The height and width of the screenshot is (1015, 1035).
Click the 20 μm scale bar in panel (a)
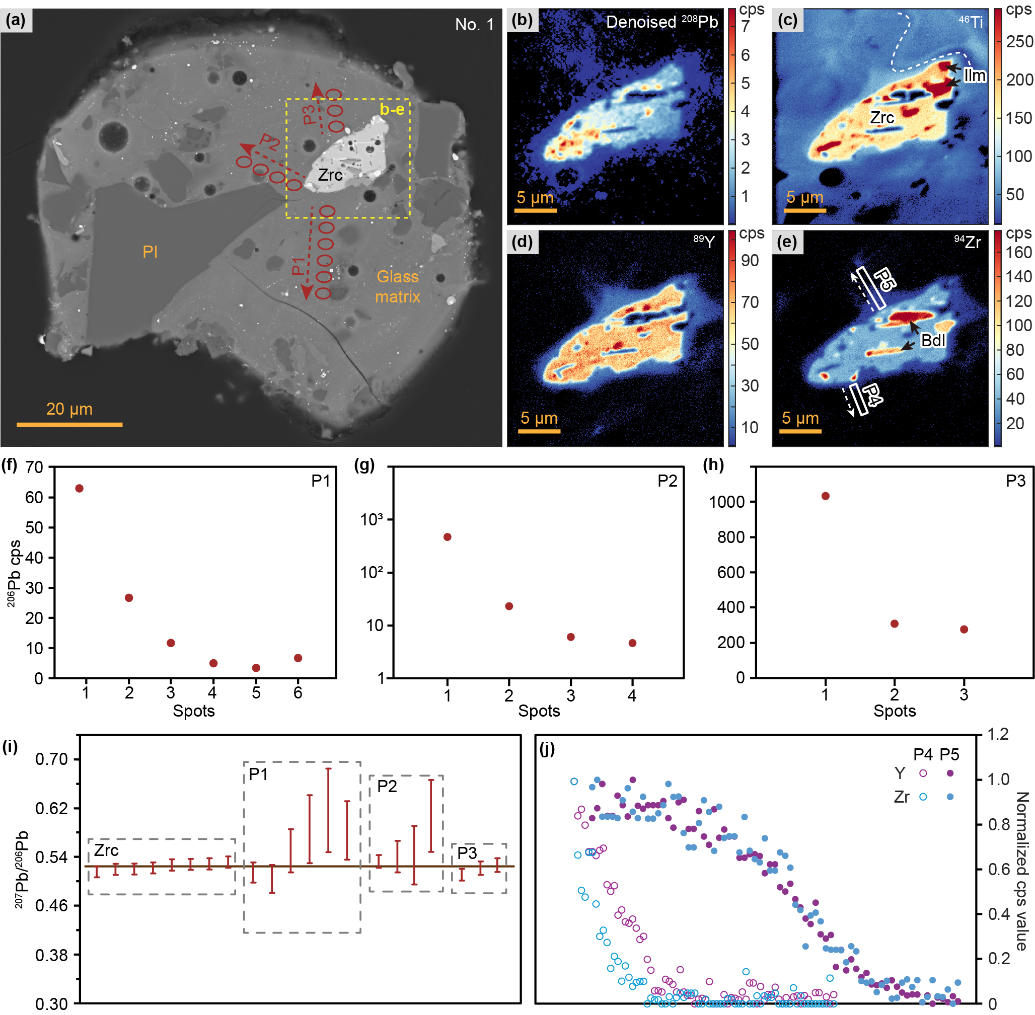pos(69,424)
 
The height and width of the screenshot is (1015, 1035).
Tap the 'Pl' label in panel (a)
pos(150,252)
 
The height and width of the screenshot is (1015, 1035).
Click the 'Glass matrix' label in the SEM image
pos(397,286)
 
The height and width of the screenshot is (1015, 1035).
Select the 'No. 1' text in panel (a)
pos(474,25)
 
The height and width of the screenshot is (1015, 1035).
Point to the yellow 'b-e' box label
pos(392,109)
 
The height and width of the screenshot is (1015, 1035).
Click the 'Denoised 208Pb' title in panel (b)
pos(662,22)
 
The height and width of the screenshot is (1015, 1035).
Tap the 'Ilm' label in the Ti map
pos(974,75)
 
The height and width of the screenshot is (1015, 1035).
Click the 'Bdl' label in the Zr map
pos(933,340)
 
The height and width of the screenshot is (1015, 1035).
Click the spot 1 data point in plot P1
pos(80,488)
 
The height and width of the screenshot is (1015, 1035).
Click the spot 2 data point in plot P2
pos(509,606)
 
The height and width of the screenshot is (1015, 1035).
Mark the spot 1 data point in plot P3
pos(825,496)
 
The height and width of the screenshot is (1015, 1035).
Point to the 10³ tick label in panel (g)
pos(371,519)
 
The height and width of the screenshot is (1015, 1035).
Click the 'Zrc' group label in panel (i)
pos(106,850)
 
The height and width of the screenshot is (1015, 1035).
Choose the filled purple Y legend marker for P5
pos(950,773)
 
